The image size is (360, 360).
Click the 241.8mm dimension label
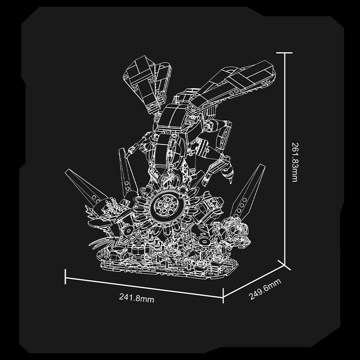(x=136, y=298)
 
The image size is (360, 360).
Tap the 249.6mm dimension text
(x=265, y=289)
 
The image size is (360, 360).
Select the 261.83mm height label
(x=295, y=162)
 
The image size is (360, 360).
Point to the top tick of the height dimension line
(x=284, y=53)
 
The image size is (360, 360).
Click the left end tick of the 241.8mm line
(x=65, y=277)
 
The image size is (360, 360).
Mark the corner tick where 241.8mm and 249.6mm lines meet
(x=223, y=296)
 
